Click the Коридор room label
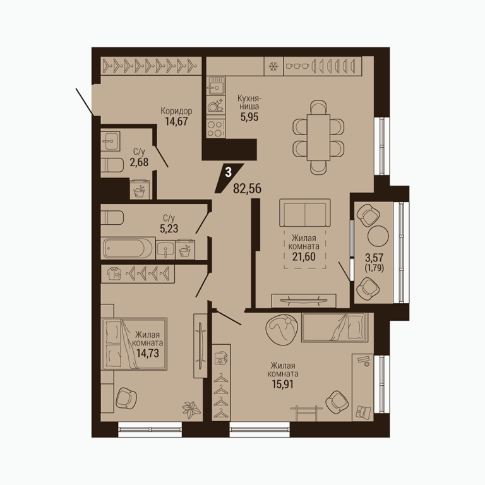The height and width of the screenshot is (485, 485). click(176, 111)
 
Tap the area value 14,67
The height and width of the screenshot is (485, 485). click(176, 121)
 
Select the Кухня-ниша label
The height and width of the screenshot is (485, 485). click(249, 102)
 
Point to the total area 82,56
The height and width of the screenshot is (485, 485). click(247, 188)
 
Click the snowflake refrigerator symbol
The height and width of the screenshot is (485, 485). click(273, 66)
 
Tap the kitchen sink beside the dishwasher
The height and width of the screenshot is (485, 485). click(215, 86)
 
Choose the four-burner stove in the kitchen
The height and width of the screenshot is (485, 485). click(215, 129)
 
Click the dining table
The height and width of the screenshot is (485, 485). click(318, 137)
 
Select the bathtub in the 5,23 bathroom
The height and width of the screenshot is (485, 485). click(128, 248)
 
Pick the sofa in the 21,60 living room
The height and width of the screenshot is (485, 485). click(304, 213)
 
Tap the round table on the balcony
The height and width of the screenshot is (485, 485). click(378, 236)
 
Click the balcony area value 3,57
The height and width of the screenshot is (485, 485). click(374, 258)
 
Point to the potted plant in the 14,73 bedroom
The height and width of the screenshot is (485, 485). click(191, 410)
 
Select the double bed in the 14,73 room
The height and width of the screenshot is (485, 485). click(134, 344)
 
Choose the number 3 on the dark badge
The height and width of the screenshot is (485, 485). click(228, 172)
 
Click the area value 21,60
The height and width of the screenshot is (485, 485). click(304, 256)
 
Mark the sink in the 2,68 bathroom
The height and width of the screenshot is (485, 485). click(110, 141)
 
